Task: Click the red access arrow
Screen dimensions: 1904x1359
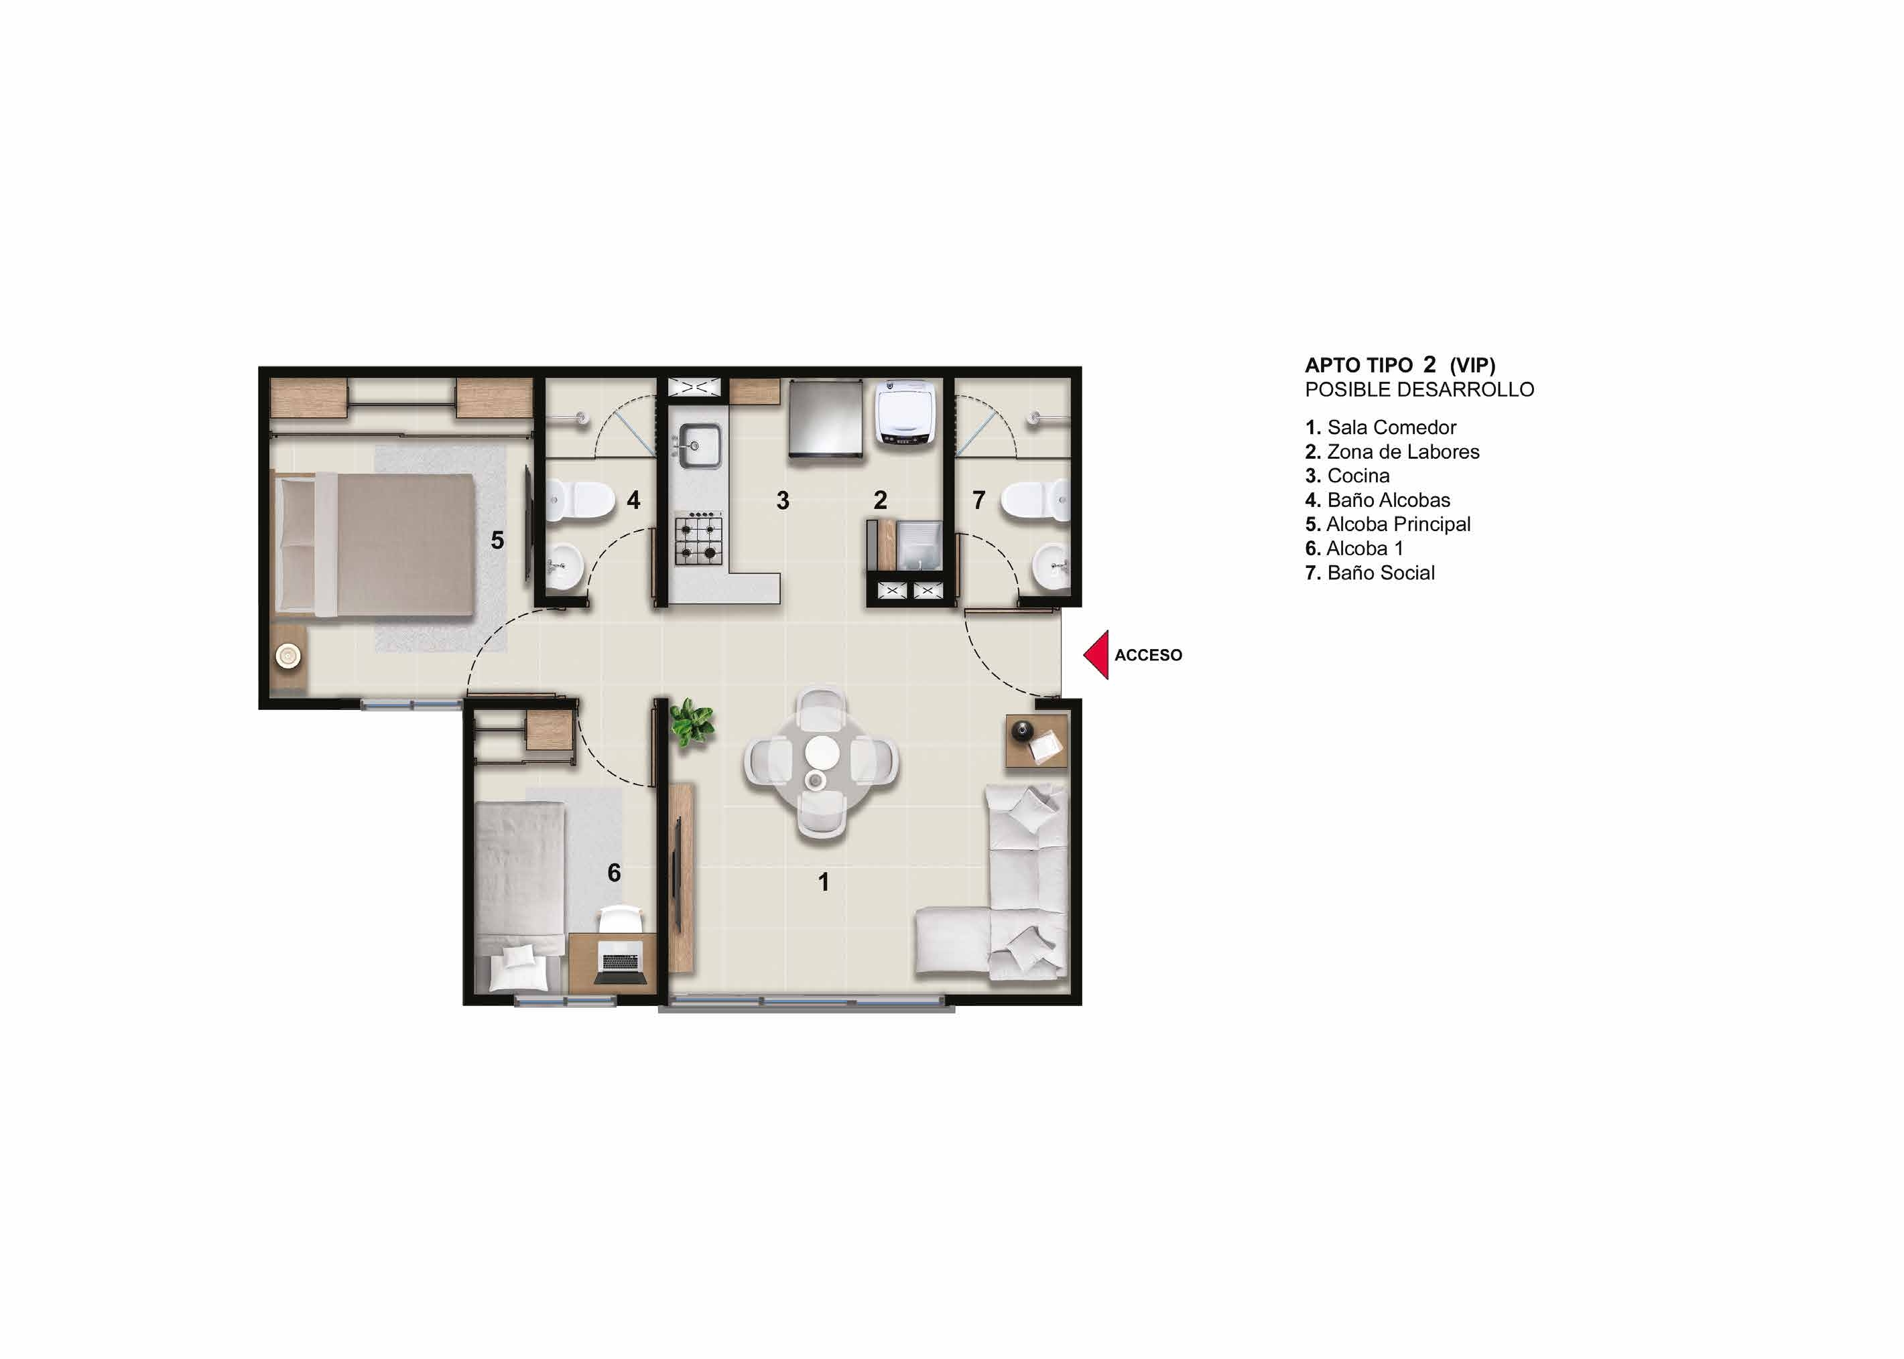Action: (1097, 654)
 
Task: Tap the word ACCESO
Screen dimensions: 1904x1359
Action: (1148, 655)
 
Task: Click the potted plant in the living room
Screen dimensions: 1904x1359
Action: (692, 722)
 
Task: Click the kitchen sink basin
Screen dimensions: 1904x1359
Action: (699, 446)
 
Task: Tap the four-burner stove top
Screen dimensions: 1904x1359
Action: (698, 540)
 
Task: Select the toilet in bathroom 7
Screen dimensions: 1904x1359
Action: (1035, 500)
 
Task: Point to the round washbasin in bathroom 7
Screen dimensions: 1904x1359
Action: (1052, 566)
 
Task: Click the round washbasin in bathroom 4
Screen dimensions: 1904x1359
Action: (564, 566)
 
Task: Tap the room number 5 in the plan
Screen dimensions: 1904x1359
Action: (497, 541)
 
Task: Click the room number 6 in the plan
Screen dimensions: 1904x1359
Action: (614, 873)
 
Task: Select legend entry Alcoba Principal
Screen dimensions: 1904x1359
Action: (1387, 524)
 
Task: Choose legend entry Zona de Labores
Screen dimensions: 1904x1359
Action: (1393, 452)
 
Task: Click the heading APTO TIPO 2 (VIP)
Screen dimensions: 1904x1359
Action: (1400, 365)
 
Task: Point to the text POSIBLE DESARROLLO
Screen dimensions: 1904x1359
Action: (1419, 390)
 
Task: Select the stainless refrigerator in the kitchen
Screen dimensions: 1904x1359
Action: (826, 419)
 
